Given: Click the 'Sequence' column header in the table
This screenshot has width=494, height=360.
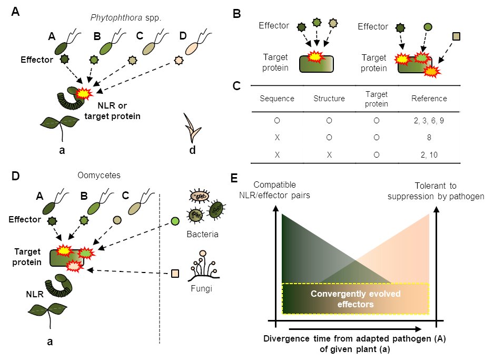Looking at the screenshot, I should [x=277, y=99].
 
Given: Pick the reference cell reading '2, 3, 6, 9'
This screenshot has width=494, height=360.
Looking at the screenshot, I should [x=430, y=120].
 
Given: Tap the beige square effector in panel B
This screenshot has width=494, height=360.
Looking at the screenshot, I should [x=456, y=36].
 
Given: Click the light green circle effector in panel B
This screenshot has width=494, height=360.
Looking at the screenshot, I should [x=428, y=26].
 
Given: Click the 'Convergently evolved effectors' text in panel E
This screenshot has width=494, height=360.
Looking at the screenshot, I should [x=355, y=299].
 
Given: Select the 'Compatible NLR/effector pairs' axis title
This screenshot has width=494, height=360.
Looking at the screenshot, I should [x=274, y=191].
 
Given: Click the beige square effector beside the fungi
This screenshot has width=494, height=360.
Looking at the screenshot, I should [x=175, y=274].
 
